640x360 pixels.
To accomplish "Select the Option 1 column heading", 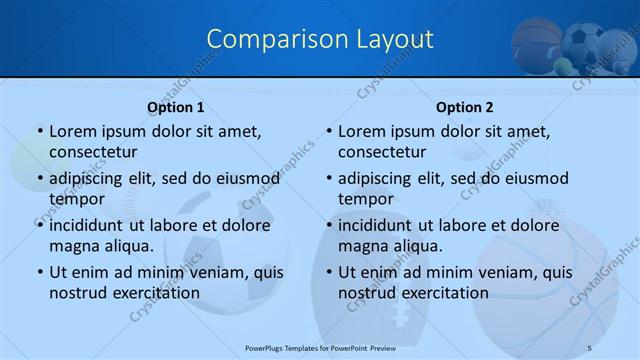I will pyautogui.click(x=176, y=107).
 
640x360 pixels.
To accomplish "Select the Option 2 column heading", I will pyautogui.click(x=465, y=107).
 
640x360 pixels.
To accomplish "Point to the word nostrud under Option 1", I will pyautogui.click(x=79, y=292).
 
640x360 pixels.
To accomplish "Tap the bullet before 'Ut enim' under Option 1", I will pyautogui.click(x=39, y=272).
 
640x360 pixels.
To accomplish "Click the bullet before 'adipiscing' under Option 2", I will pyautogui.click(x=328, y=178).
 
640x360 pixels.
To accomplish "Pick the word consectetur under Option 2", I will pyautogui.click(x=381, y=151).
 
